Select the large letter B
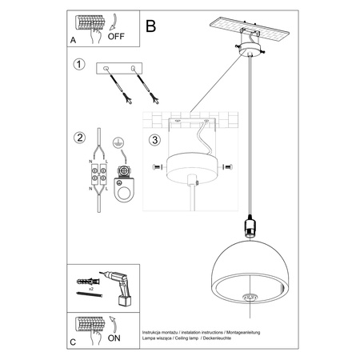[151, 26]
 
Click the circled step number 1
[79, 65]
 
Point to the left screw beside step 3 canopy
[155, 167]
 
